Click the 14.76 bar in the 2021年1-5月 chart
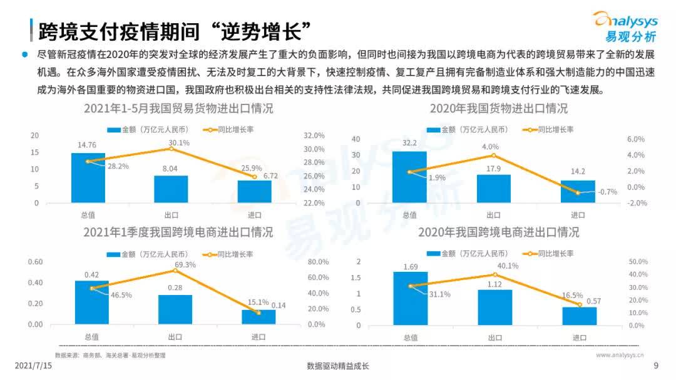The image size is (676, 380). click(88, 177)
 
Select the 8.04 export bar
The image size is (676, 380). click(171, 189)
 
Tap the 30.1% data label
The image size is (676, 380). click(179, 143)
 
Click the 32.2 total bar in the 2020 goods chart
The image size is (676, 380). click(409, 177)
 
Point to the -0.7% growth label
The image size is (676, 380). click(607, 192)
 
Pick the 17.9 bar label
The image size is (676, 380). click(494, 169)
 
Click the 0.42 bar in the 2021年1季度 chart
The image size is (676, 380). click(92, 302)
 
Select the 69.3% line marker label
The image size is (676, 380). click(185, 264)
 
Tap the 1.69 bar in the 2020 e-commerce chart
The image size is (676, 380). click(411, 298)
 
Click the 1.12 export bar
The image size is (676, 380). click(495, 307)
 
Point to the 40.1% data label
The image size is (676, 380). click(508, 266)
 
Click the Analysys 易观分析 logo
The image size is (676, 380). click(625, 27)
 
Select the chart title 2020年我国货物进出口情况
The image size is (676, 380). click(499, 109)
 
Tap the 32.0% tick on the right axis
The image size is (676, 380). click(314, 136)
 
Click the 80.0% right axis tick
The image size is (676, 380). click(318, 262)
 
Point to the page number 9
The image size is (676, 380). click(656, 366)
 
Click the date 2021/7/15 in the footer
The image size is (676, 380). click(33, 366)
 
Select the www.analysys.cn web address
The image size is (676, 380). click(620, 355)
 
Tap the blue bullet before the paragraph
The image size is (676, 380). click(25, 54)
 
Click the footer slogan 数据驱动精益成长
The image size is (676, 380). click(338, 366)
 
